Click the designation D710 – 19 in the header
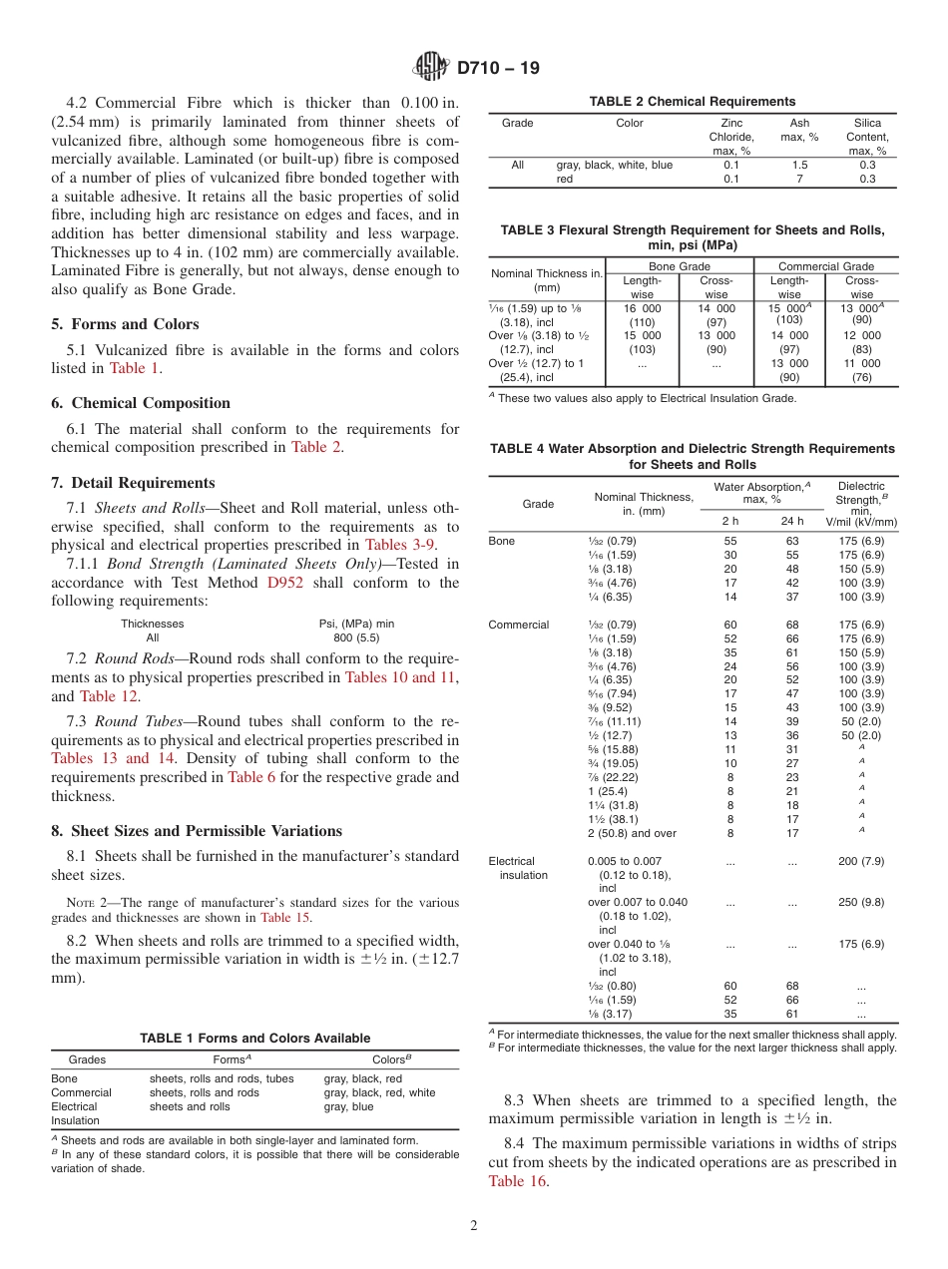click(x=498, y=69)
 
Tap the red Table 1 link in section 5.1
click(x=134, y=368)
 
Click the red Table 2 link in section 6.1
click(x=316, y=447)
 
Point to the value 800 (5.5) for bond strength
click(x=356, y=637)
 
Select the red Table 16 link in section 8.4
click(x=518, y=1181)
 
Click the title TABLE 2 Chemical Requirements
click(x=693, y=102)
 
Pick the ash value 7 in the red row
click(x=798, y=179)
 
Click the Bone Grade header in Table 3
click(x=680, y=266)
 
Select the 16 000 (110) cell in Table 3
click(x=643, y=315)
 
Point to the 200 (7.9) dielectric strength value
click(x=861, y=861)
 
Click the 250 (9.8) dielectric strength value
click(x=861, y=902)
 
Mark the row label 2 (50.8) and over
click(x=632, y=833)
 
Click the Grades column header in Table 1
click(x=86, y=1059)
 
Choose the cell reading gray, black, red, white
click(x=379, y=1092)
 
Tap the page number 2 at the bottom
click(x=474, y=1226)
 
